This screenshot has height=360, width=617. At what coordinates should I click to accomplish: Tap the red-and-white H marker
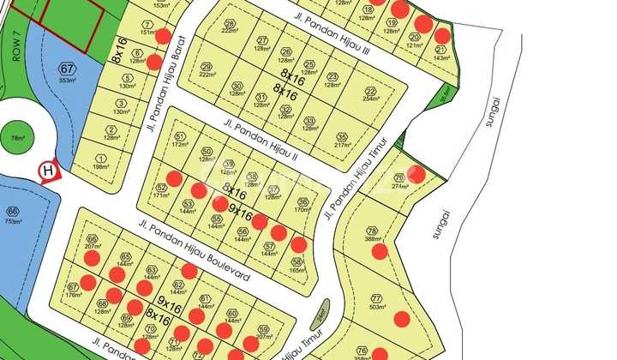[x=49, y=171]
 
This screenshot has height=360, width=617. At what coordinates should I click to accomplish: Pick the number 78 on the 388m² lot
[x=372, y=231]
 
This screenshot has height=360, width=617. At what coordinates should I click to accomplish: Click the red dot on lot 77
[x=401, y=319]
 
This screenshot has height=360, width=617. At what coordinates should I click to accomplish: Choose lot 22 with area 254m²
[x=370, y=94]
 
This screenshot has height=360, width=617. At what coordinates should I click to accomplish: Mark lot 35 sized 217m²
[x=342, y=139]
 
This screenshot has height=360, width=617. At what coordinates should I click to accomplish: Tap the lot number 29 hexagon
[x=207, y=67]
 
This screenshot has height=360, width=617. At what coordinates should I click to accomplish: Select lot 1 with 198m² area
[x=101, y=161]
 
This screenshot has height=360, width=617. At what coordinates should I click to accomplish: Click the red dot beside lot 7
[x=163, y=36]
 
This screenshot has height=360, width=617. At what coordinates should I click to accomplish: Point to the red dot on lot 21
[x=442, y=36]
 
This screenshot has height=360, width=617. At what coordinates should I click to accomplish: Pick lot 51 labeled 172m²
[x=179, y=141]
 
